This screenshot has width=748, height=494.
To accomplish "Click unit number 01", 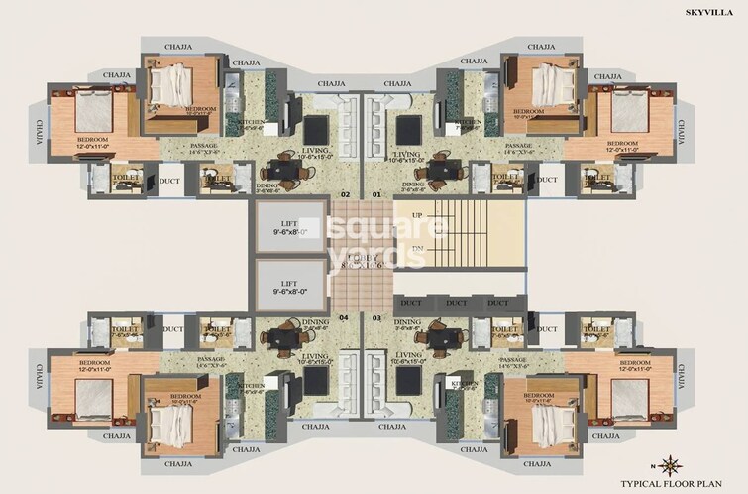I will pos(375,194).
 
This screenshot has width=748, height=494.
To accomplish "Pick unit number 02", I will pos(346,194).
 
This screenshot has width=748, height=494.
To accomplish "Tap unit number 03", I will pos(376,318).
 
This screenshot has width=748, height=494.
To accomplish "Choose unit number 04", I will pos(345,318).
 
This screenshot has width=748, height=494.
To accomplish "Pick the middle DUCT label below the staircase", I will pos(456,303).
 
